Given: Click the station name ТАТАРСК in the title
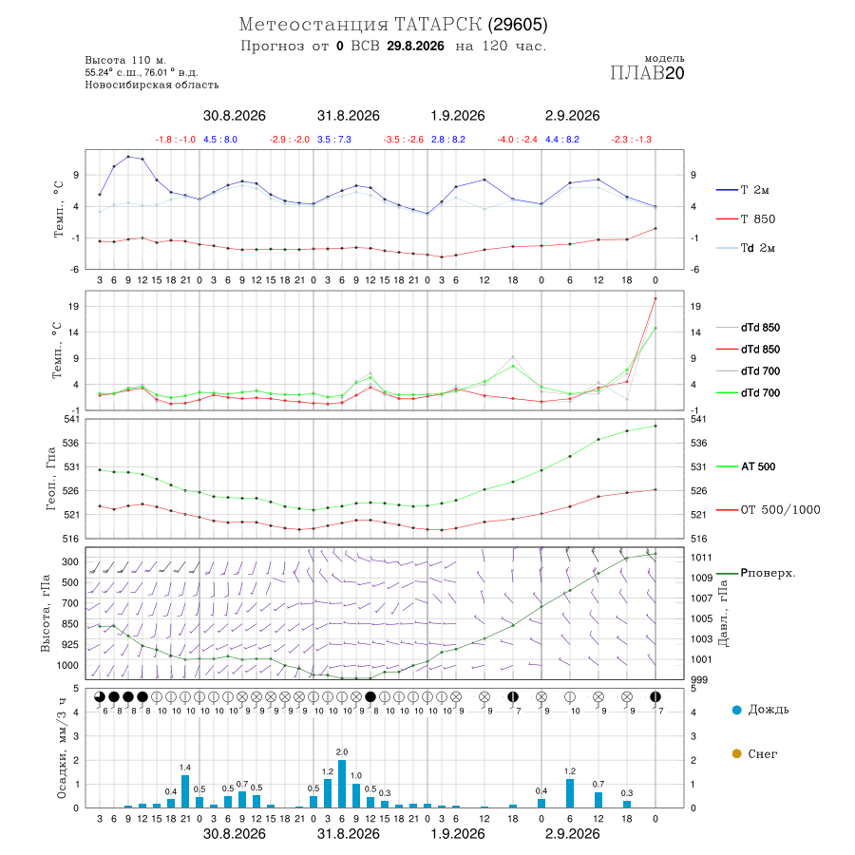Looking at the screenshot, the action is [438, 25].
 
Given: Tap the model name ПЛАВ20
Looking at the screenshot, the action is [647, 73].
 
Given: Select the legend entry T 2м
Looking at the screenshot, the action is [743, 190].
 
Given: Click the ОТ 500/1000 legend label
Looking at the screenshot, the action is [768, 510].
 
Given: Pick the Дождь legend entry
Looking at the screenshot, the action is [761, 710].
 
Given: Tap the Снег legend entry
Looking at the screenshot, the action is [754, 753].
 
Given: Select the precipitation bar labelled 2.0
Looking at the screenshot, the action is [342, 784].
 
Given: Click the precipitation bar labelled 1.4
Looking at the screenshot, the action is [185, 791].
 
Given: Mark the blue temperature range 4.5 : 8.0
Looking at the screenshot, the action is [220, 140].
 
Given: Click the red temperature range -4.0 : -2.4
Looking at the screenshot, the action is [518, 140].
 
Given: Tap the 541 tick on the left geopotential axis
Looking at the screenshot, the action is [71, 419].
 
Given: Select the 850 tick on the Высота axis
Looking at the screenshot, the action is [69, 624].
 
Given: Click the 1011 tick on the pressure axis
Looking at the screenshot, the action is [701, 558].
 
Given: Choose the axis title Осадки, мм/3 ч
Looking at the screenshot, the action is [62, 749].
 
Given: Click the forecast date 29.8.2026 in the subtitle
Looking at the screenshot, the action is [415, 46].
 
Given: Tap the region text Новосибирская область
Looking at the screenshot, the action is [152, 85].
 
